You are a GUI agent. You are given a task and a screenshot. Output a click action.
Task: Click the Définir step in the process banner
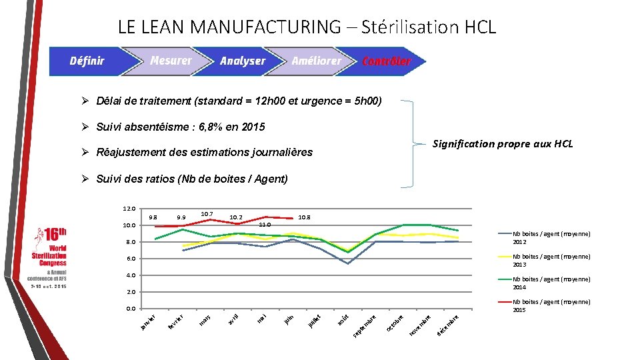pos(87,61)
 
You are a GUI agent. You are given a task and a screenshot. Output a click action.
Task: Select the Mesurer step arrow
pos(171,61)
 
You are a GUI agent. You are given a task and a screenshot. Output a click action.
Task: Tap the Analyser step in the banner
pos(243,61)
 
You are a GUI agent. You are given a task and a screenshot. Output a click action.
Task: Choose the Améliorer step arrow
pos(316,61)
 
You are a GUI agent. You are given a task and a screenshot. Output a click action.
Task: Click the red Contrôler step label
pos(387,61)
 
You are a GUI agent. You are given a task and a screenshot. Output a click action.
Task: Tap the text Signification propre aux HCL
pos(503,144)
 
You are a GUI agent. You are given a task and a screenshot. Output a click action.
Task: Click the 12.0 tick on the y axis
pos(129,209)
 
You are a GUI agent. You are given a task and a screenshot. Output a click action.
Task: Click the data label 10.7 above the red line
pos(207,213)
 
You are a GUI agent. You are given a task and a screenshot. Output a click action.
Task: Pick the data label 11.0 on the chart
pos(265,225)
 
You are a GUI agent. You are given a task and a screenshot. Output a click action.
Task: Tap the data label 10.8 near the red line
pos(304,217)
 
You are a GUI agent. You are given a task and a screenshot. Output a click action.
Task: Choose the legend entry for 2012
pos(551,238)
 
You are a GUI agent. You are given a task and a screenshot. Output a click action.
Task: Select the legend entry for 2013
pos(551,261)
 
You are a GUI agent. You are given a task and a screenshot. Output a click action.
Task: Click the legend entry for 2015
pos(551,306)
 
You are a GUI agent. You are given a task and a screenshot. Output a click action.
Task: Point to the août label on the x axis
pos(342,321)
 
